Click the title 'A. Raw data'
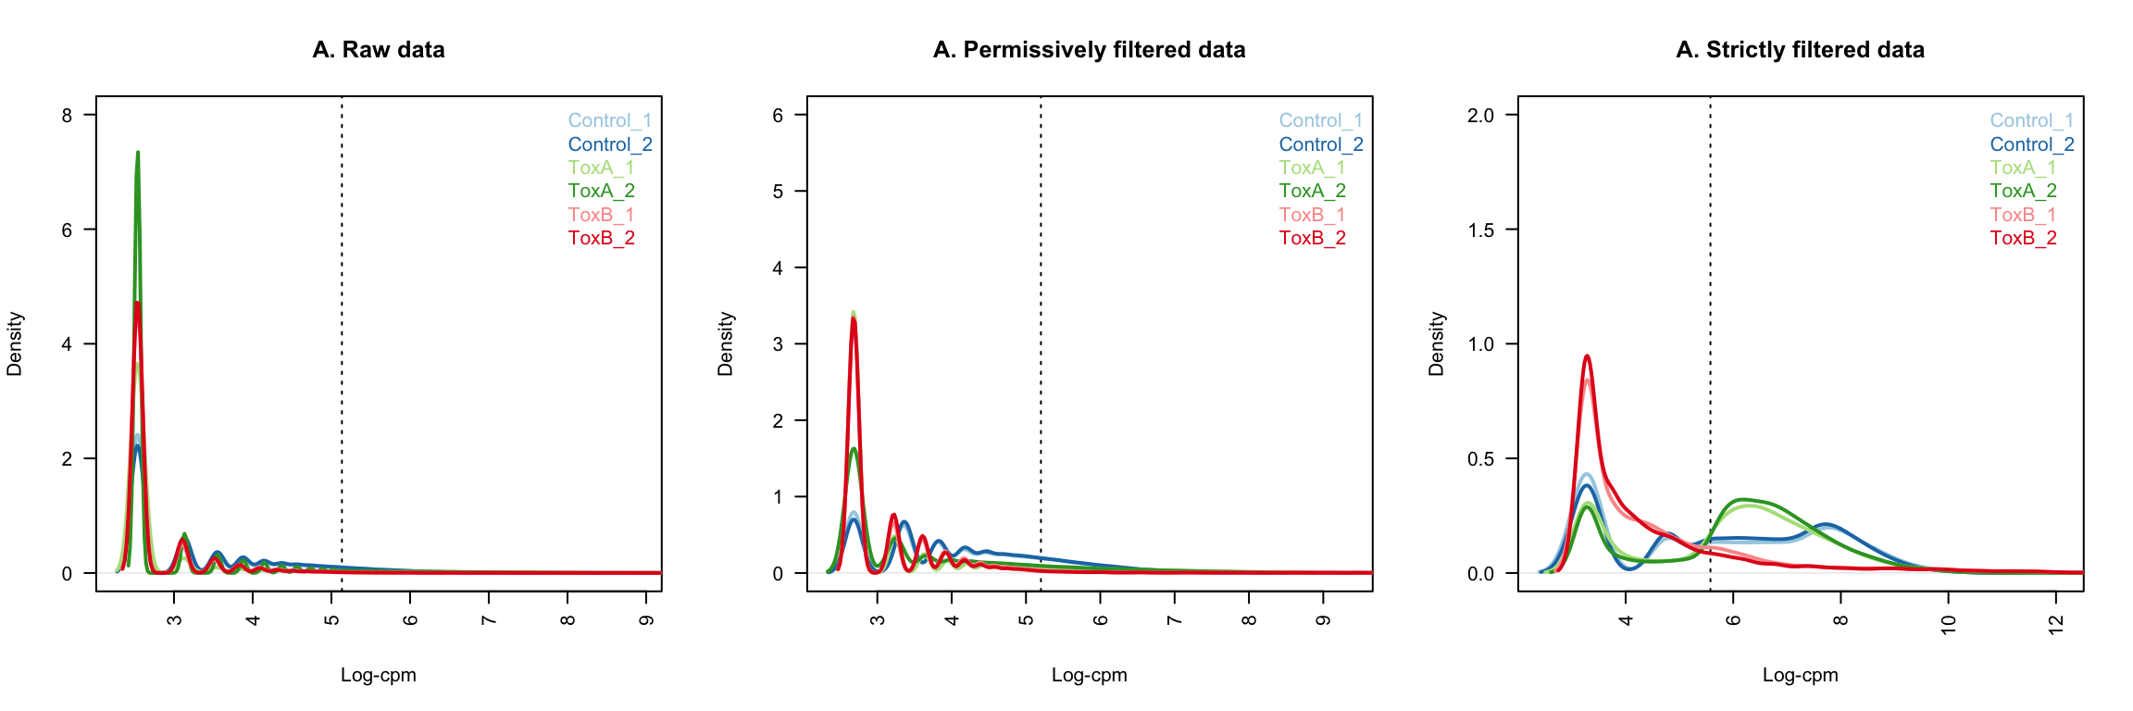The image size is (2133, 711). (x=379, y=50)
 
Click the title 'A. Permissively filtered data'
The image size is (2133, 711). (x=1089, y=50)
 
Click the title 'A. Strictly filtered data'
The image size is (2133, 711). (x=1800, y=50)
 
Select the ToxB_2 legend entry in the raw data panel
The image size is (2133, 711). (x=602, y=238)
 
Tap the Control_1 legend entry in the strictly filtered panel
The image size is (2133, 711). (x=2032, y=120)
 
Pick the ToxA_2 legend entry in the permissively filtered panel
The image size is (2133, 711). (x=1313, y=191)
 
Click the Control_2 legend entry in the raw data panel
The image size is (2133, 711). (x=610, y=144)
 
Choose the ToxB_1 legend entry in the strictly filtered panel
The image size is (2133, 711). (x=2024, y=215)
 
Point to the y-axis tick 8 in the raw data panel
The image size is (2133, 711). (x=68, y=116)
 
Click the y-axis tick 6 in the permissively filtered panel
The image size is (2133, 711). (x=778, y=116)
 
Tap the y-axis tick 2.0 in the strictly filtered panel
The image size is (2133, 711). (x=1481, y=116)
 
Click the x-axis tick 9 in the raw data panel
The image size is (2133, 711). (x=647, y=619)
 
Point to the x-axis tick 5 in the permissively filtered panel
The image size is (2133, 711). (x=1026, y=619)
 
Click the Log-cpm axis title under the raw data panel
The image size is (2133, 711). (x=379, y=675)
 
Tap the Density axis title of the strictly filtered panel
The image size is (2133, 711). (x=1437, y=343)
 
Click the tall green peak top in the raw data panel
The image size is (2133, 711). (x=138, y=153)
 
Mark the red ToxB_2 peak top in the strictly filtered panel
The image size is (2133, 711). (x=1587, y=356)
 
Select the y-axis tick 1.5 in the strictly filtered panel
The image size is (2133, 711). (x=1481, y=230)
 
